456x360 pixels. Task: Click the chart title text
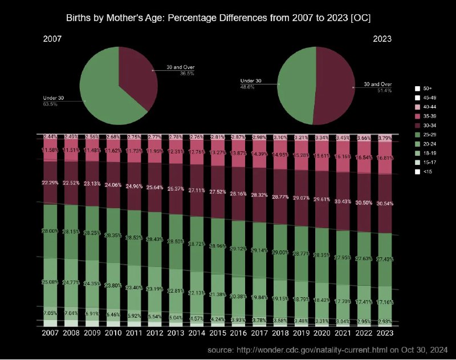tap(227, 18)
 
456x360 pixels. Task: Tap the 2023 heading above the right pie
tap(382, 39)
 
